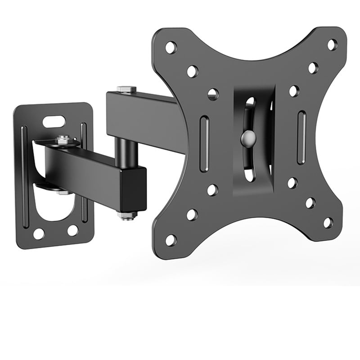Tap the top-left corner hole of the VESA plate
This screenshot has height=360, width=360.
(x=171, y=47)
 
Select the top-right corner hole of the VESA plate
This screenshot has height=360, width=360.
(x=332, y=45)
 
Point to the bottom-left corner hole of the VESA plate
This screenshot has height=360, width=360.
(x=171, y=240)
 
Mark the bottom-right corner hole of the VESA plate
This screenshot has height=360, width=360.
(x=328, y=222)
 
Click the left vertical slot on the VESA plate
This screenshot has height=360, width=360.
(x=204, y=144)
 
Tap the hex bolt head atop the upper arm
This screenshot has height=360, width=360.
(x=126, y=89)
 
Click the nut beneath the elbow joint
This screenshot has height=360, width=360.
(x=127, y=216)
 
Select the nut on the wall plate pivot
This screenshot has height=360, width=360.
(x=63, y=140)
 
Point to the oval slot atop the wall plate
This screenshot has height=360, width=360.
(x=54, y=121)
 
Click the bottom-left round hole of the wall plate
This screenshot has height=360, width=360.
(x=39, y=234)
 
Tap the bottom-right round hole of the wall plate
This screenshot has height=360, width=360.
(x=72, y=230)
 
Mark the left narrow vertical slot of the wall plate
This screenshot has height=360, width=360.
(x=25, y=175)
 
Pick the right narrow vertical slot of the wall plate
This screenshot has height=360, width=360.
(x=84, y=173)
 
